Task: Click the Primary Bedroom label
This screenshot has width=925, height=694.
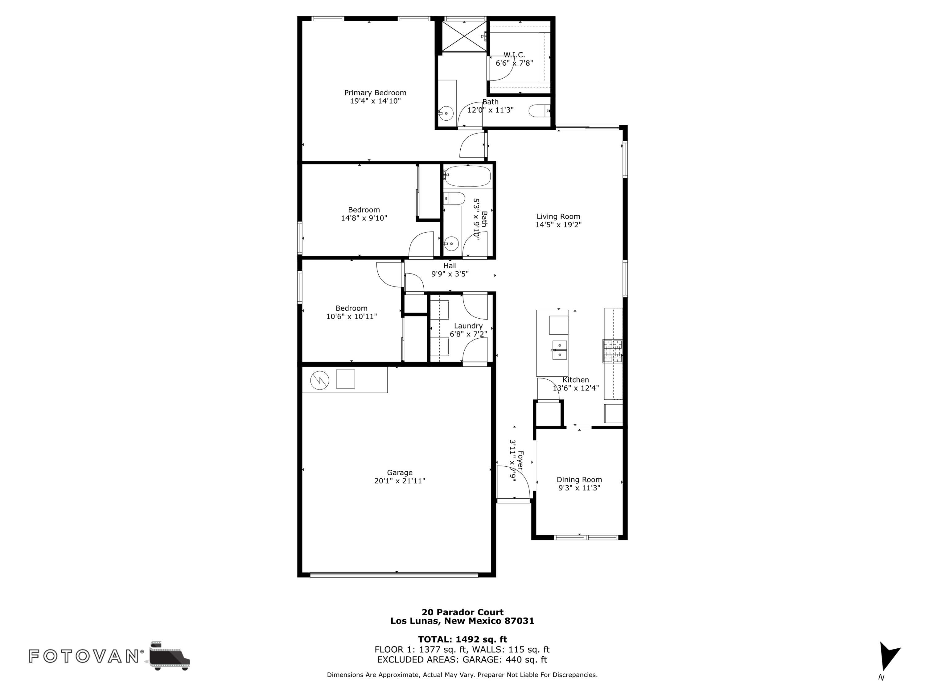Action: point(375,93)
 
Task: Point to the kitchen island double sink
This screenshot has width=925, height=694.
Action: point(559,350)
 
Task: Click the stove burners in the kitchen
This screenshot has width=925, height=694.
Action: point(613,351)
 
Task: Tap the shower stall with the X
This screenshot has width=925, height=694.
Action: point(464,36)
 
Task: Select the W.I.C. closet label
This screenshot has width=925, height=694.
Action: point(514,55)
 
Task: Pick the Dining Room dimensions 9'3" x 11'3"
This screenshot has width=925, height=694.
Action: point(579,488)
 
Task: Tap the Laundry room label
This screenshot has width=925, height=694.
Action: point(468,326)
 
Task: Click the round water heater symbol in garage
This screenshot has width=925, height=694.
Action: point(319,380)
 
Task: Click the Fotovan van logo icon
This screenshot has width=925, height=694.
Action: point(169,656)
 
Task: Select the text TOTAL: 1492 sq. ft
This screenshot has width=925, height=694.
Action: point(462,639)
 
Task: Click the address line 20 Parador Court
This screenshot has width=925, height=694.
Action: point(462,612)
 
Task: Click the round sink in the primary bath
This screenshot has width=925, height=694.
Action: point(446,113)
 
